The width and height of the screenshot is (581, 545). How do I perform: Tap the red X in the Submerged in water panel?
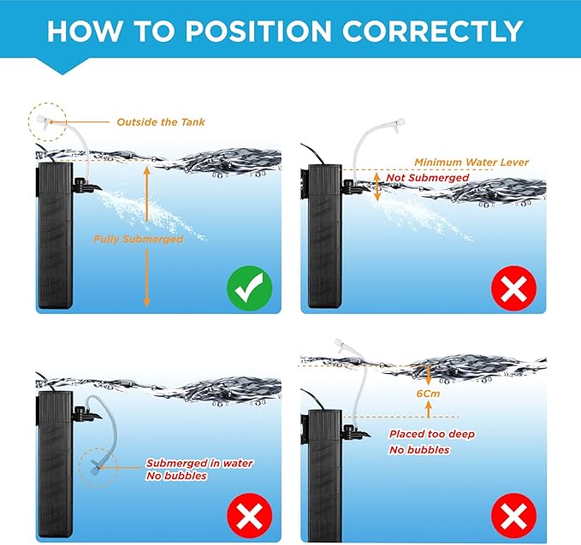249,515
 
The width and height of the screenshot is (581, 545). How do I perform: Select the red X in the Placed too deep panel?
513,516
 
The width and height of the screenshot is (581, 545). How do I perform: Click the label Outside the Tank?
160,122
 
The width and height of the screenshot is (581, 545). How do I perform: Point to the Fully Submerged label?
138,240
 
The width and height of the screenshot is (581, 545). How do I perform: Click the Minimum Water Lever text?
471,162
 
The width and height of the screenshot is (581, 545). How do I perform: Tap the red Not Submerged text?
428,177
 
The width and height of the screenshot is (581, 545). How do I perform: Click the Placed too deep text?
431,435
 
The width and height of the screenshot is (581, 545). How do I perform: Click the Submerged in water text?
199,463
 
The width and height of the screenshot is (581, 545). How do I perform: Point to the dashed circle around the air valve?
44,123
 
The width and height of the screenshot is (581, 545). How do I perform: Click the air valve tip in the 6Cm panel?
339,347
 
